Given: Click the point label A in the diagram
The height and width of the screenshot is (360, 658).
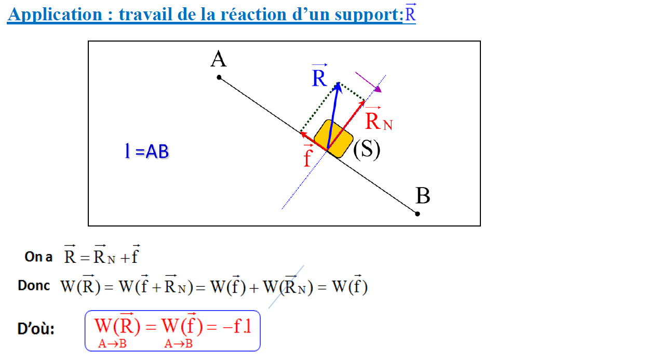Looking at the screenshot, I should (x=218, y=59).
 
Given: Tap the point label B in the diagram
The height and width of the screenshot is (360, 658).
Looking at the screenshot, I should (x=423, y=196).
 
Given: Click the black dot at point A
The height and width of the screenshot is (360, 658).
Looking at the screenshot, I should (x=219, y=77).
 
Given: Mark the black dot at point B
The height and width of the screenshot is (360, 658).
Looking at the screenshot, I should (x=418, y=214).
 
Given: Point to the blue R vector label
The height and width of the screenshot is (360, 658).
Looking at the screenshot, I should (x=319, y=78).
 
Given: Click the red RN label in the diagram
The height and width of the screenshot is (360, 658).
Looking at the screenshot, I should (x=378, y=122).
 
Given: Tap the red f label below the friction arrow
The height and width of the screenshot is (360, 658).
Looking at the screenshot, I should (x=307, y=157).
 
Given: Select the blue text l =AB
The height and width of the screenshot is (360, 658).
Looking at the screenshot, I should (x=146, y=152).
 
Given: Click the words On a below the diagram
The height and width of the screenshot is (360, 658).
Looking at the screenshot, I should (x=38, y=257).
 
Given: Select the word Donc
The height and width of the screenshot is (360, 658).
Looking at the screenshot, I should (x=34, y=286).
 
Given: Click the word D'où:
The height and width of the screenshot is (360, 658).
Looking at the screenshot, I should (x=36, y=329).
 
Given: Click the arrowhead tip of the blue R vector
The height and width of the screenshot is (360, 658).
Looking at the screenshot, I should (x=338, y=83).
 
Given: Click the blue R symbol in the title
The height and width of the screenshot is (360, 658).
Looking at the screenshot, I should (x=410, y=14).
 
